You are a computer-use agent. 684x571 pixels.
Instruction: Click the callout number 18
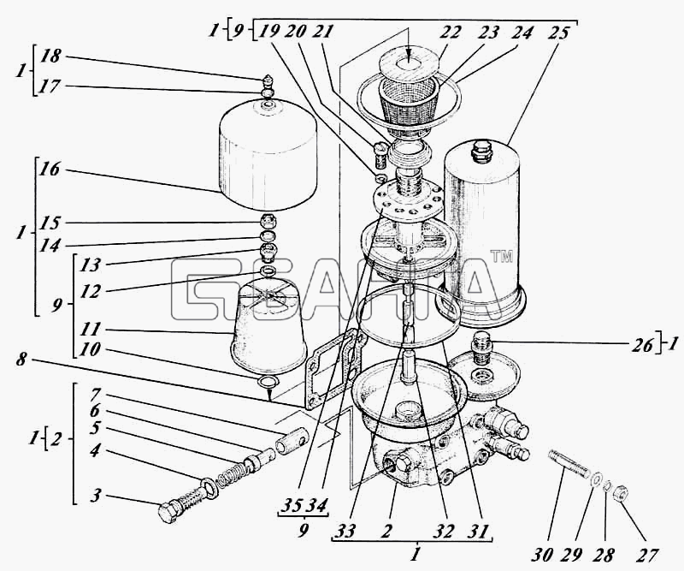(51, 57)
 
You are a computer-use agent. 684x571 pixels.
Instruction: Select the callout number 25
(557, 33)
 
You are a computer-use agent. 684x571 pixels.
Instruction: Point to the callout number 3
(97, 497)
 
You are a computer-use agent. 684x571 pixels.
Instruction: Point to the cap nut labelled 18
(268, 81)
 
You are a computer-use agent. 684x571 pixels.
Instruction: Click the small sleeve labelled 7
(292, 441)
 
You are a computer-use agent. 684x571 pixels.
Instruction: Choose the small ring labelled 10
(268, 382)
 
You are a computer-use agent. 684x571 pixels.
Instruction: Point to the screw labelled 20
(380, 156)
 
